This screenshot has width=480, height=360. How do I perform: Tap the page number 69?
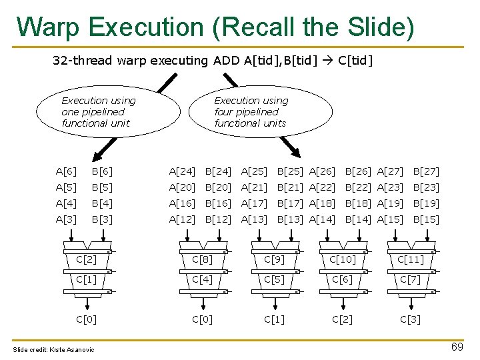[457, 347]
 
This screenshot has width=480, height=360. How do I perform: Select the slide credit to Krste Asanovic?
[53, 350]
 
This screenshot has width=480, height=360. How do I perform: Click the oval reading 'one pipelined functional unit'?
[98, 111]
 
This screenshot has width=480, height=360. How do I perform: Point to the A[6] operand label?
[66, 171]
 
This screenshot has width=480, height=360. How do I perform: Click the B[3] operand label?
[102, 219]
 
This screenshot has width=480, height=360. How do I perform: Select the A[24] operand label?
[182, 171]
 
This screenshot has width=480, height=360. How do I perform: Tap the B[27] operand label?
[426, 171]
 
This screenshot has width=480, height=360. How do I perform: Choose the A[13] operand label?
[254, 219]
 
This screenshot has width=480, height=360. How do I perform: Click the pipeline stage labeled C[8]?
[203, 259]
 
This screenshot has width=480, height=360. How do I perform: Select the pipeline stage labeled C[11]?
[410, 259]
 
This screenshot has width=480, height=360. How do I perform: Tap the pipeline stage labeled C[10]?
[343, 259]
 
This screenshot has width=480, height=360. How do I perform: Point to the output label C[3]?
[410, 319]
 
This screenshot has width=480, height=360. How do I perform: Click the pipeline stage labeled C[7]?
[410, 279]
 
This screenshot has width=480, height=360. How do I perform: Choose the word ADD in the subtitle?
[226, 61]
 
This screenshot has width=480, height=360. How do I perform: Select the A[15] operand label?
[390, 219]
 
